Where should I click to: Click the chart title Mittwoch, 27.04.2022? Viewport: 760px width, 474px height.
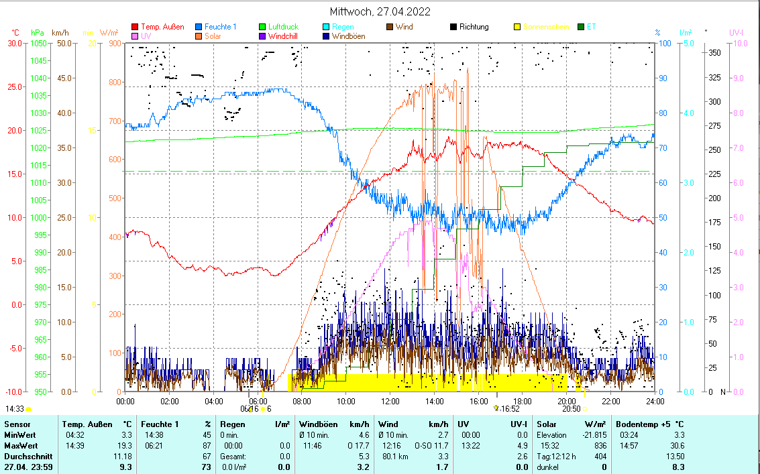[380, 11]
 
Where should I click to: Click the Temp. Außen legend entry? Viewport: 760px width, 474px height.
[162, 27]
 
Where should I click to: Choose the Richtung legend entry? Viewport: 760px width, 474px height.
[474, 27]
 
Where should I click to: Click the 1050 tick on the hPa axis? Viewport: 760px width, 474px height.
[39, 44]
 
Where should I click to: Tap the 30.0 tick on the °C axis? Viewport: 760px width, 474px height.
[14, 44]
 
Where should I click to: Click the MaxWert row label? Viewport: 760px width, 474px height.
[20, 446]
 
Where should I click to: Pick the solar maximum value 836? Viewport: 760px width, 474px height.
[600, 446]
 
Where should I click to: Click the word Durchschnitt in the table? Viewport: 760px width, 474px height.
[25, 457]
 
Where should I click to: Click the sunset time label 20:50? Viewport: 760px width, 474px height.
[571, 408]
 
